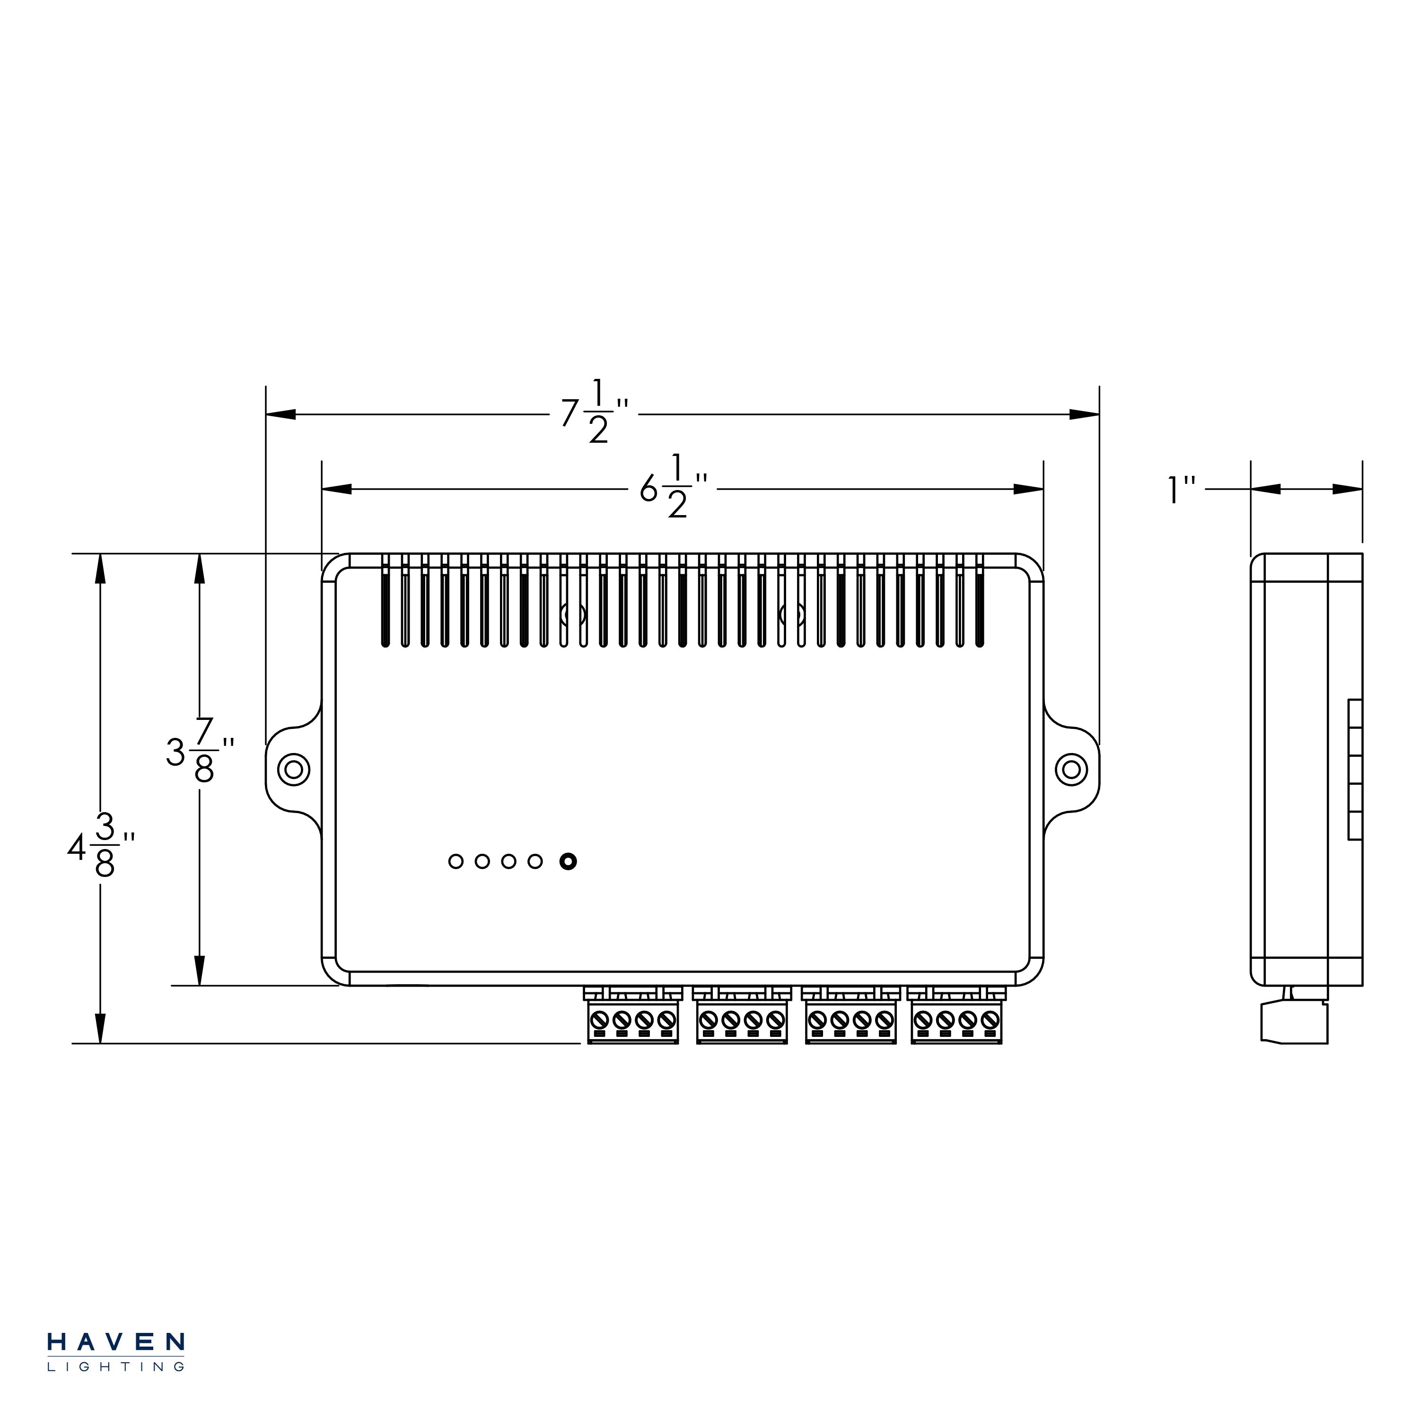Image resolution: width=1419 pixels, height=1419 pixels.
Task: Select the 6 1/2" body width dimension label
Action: point(674,486)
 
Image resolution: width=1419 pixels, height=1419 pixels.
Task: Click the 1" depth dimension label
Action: point(1182,490)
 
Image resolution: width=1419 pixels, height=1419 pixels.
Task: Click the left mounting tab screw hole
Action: point(294,770)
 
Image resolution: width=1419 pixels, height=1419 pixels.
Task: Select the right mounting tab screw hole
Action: point(1071,770)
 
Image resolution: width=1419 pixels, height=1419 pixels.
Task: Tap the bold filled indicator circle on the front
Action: point(568,861)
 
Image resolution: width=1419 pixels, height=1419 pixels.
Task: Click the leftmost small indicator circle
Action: point(456,861)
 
